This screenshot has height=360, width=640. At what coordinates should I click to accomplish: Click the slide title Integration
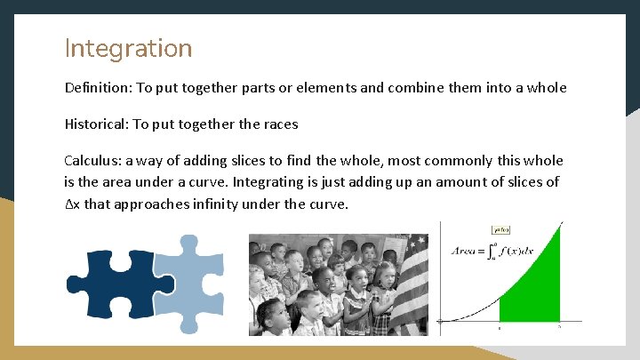pos(128,47)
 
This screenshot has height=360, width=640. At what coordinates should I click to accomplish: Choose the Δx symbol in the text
pos(72,204)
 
